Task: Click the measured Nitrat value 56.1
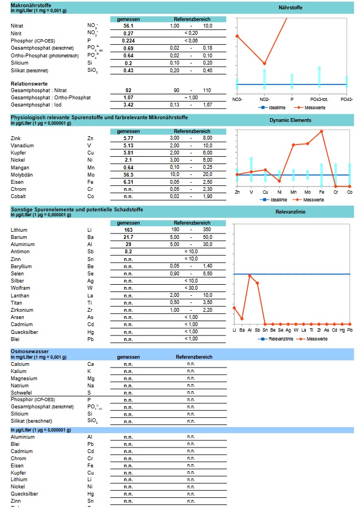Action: click(x=128, y=26)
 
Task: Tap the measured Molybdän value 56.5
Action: click(x=128, y=174)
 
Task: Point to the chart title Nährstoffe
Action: click(x=290, y=8)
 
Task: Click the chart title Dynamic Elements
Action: click(x=290, y=120)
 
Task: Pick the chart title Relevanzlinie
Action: click(x=290, y=211)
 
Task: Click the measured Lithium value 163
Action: click(x=128, y=230)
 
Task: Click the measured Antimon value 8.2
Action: click(x=128, y=252)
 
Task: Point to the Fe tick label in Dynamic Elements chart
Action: click(x=321, y=192)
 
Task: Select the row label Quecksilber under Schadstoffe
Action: click(x=25, y=331)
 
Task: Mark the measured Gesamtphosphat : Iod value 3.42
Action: click(x=128, y=104)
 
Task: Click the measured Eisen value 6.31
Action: click(x=128, y=182)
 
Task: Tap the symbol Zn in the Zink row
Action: click(x=90, y=138)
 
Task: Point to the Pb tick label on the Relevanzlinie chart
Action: click(x=350, y=330)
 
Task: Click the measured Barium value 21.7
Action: click(x=128, y=237)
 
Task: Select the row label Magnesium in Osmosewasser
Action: click(x=24, y=379)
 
